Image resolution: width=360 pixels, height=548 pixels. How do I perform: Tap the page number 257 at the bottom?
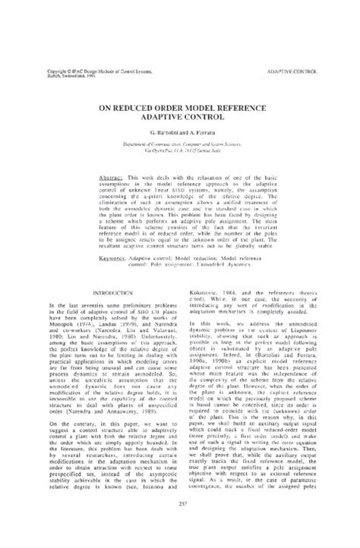pyautogui.click(x=180, y=525)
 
